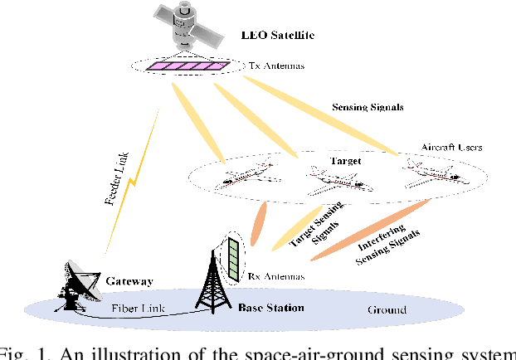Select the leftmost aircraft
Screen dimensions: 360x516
(241, 182)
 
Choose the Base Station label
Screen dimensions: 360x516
(270, 308)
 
